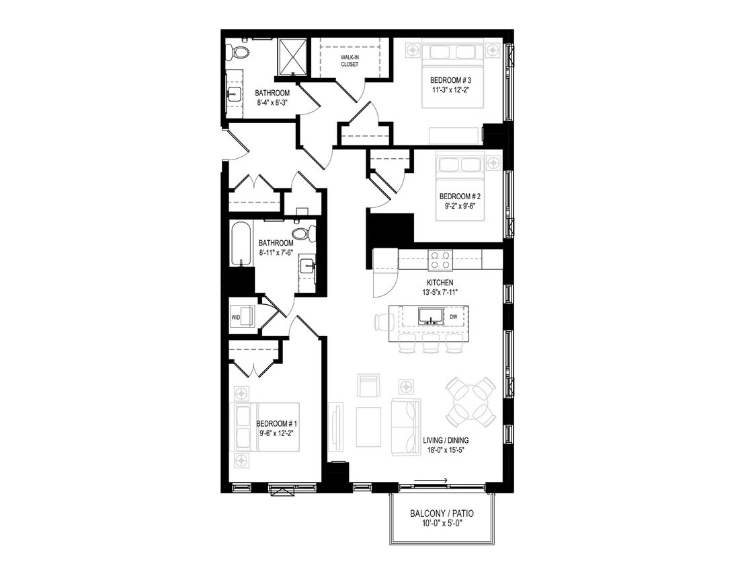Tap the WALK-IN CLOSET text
point(350,61)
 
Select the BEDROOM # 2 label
point(460,197)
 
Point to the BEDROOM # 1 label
point(277,424)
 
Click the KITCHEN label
point(440,283)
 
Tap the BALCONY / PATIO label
point(442,513)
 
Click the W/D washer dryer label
point(237,316)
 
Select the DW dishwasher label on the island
point(454,316)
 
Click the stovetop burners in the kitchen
point(441,259)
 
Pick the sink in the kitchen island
point(428,316)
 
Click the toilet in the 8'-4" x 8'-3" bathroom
point(238,52)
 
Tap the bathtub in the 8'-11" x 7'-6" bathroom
point(240,244)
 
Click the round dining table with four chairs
point(471,402)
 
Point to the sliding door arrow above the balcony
point(431,481)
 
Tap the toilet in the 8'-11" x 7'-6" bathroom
point(302,234)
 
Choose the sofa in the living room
point(407,426)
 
